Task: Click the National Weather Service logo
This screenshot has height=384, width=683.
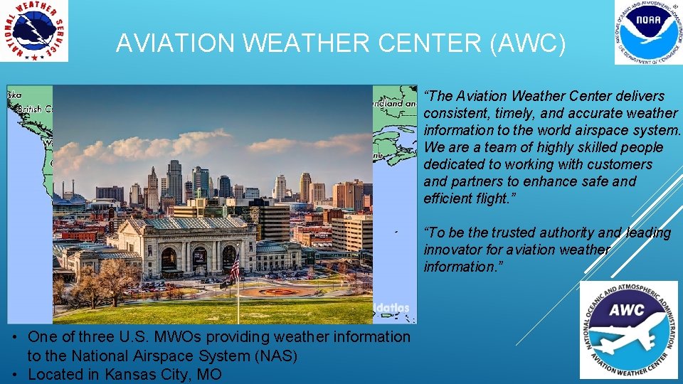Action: (34, 31)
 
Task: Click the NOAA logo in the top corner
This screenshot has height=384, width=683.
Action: (647, 33)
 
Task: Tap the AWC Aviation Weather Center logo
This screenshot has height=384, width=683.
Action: (628, 329)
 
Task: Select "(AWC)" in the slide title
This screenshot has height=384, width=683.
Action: (528, 44)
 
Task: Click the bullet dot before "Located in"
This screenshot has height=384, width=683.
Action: (14, 374)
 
